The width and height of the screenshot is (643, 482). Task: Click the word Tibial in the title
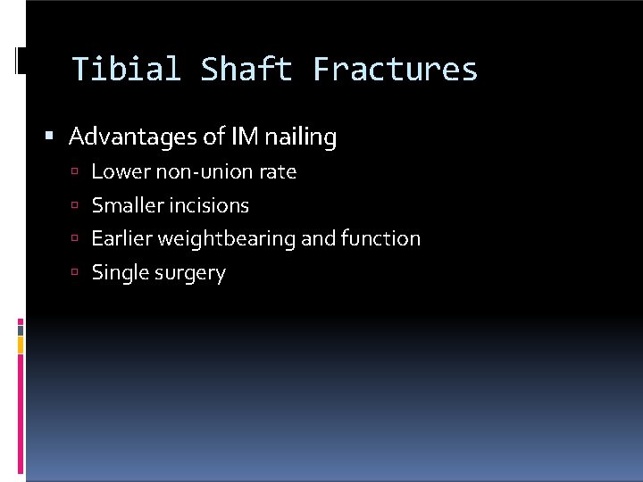(x=126, y=70)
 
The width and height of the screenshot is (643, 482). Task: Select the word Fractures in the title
(x=395, y=70)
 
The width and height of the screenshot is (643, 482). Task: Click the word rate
(x=280, y=171)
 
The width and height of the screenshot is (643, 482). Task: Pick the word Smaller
(x=123, y=205)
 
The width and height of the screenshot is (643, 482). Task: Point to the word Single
(x=116, y=273)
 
